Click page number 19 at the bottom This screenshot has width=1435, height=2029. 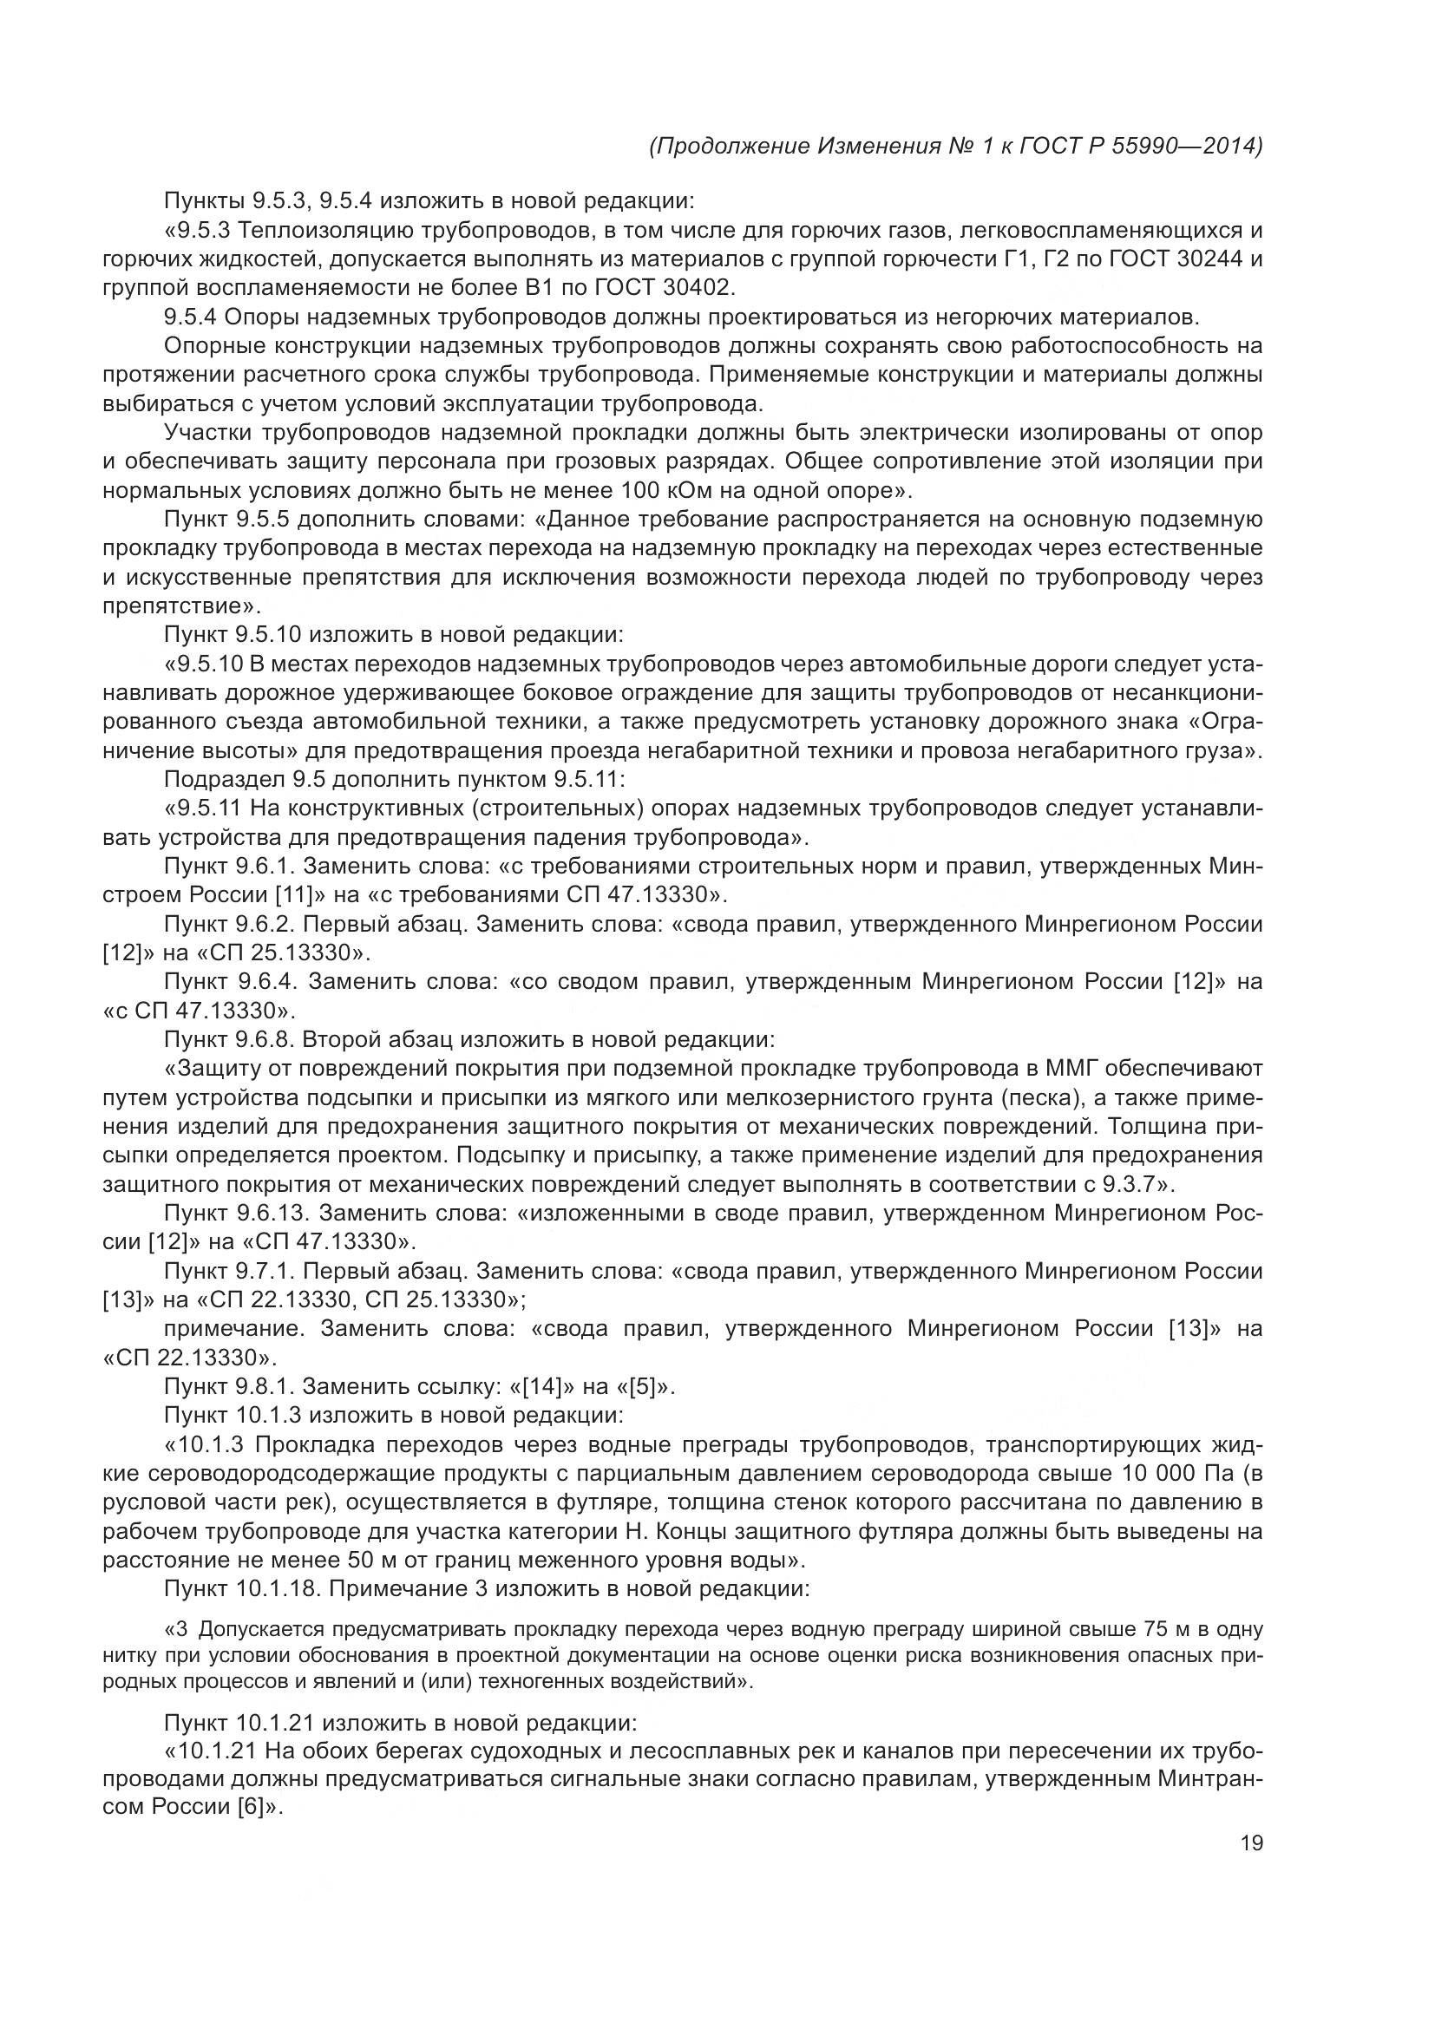point(1252,1842)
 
